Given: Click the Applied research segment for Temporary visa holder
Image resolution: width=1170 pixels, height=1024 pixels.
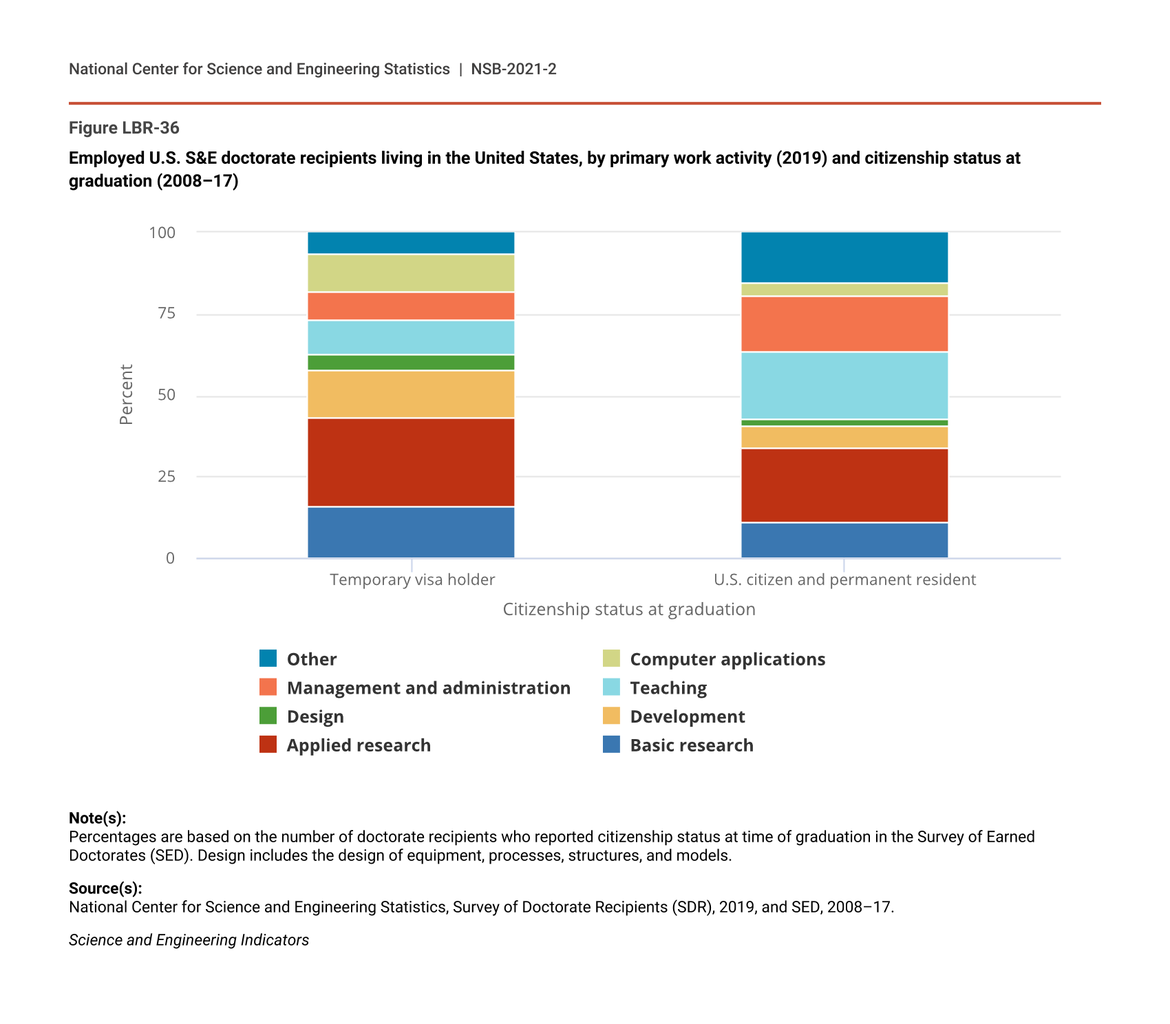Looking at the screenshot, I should pos(411,462).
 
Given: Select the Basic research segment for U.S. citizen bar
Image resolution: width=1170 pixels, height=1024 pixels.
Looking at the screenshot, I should pos(844,540).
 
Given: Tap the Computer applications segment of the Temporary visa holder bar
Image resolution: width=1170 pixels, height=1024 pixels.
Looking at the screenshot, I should pos(411,273).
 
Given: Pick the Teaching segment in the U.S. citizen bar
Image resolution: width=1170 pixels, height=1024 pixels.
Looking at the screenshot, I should pos(844,385).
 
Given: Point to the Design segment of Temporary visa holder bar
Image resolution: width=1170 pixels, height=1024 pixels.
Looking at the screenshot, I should pos(411,363).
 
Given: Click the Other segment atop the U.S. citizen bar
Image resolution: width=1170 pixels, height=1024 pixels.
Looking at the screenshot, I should pos(844,257).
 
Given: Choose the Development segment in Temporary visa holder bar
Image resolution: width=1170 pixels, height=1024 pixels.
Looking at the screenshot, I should pos(411,394).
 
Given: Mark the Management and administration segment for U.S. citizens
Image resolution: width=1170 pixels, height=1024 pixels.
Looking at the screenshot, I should pos(844,324).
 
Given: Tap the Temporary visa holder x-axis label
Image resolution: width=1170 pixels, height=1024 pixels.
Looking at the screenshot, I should pos(412,579).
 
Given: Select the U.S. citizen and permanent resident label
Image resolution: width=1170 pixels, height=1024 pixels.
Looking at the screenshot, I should pos(844,579).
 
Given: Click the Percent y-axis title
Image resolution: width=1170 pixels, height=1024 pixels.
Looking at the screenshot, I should pos(126,394).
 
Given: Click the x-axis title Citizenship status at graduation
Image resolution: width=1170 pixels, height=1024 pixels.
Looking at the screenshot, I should pos(629,609).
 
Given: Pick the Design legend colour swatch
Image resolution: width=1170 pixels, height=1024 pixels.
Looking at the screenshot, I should pos(268,716).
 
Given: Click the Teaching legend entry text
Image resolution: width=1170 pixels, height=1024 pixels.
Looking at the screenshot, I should pos(668,687).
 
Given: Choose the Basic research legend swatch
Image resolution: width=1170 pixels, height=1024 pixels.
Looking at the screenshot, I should pos(611,745).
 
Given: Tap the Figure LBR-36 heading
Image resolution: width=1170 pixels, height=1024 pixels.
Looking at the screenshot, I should pos(124,128).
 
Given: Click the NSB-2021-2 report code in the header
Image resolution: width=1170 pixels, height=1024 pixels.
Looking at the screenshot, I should pos(513,69).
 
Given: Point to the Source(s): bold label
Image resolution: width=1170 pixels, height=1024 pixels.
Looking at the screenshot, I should pos(105,888).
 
